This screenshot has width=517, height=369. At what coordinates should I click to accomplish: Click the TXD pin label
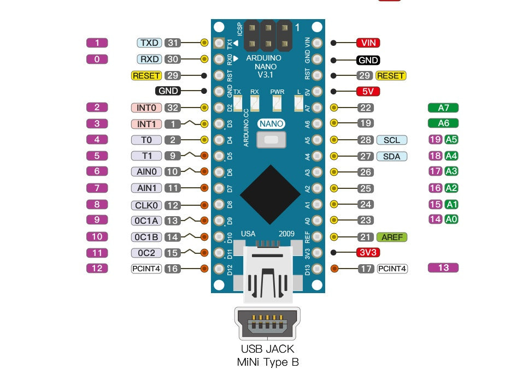point(149,43)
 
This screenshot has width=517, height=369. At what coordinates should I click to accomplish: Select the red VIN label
point(368,43)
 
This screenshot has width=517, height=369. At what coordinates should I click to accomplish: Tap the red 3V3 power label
point(368,252)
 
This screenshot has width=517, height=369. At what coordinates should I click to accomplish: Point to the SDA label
point(391,157)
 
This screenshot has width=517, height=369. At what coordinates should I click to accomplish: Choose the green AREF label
point(392,237)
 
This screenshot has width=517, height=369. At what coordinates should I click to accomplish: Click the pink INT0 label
point(146,108)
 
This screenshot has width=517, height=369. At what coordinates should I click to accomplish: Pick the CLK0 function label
point(146,205)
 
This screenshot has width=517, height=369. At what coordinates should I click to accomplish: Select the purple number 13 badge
point(443,267)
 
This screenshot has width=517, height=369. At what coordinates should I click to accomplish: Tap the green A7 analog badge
point(443,108)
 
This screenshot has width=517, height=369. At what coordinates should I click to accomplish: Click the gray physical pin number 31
point(173,43)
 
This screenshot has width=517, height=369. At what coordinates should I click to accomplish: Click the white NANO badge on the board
point(272,124)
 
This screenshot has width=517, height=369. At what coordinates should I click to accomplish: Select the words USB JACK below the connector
point(267,349)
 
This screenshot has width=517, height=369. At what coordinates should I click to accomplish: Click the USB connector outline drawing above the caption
point(267,324)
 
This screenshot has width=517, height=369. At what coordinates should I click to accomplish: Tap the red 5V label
point(368,91)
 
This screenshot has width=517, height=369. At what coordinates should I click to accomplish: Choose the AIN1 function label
point(146,188)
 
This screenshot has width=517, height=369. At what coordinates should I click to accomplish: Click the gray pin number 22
point(366,108)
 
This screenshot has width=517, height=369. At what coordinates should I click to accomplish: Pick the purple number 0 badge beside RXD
point(97,59)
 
